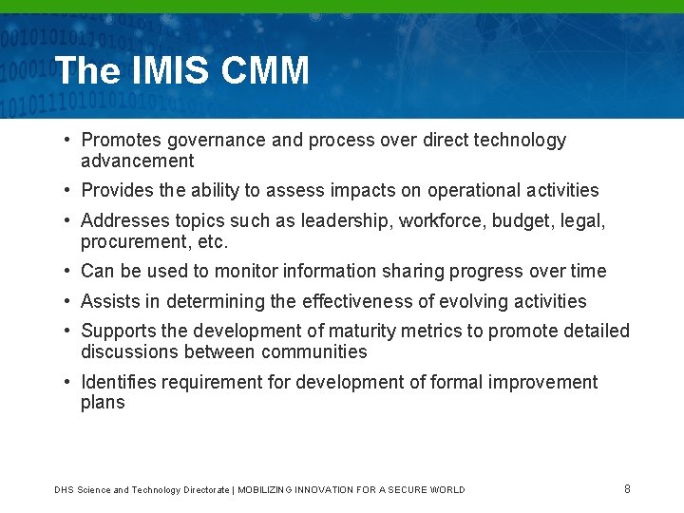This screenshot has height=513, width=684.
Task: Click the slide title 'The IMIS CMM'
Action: (x=182, y=70)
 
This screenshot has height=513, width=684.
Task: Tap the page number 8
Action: (x=627, y=488)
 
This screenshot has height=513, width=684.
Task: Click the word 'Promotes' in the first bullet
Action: (x=122, y=141)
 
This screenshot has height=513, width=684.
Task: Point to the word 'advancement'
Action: (x=137, y=161)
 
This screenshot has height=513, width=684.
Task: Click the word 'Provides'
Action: (x=118, y=190)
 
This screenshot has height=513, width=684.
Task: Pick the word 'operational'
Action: (x=475, y=190)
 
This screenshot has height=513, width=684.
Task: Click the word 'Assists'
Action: (x=109, y=301)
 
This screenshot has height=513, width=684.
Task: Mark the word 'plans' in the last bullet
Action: (x=103, y=402)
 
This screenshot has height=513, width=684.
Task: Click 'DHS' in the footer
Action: (x=64, y=490)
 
